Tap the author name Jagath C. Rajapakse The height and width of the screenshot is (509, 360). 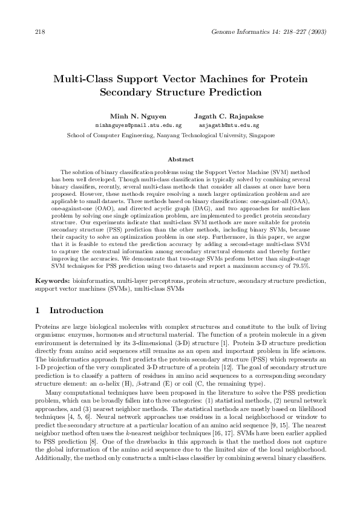pos(229,115)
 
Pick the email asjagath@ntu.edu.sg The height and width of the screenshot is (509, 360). pos(229,125)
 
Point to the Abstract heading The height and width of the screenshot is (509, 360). pos(180,160)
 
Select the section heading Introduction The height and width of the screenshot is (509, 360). pos(76,311)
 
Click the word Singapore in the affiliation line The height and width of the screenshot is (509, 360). pos(262,135)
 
